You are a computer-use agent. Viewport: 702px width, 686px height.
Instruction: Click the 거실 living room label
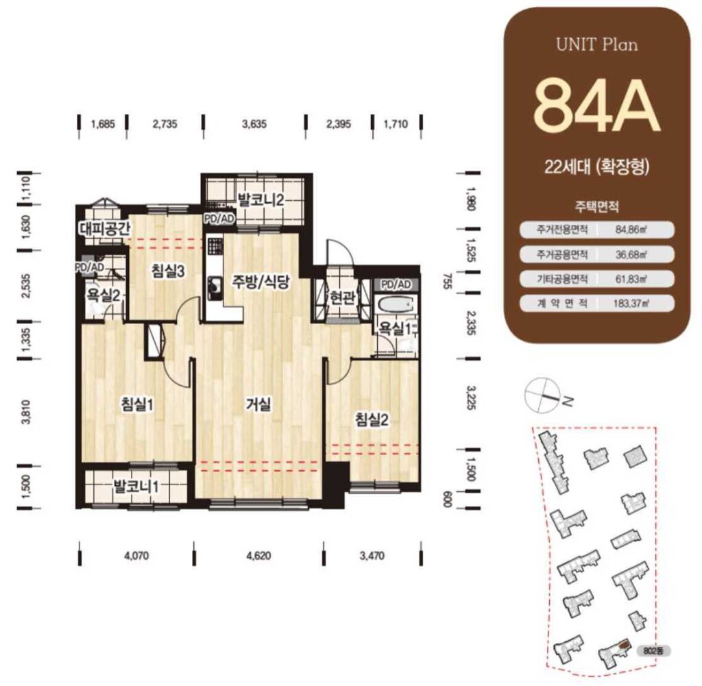pos(258,405)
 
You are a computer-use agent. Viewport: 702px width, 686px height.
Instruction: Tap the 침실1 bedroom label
pos(137,405)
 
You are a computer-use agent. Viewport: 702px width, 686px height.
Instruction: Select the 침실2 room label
pos(372,419)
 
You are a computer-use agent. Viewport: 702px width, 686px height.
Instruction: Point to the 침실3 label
pos(168,271)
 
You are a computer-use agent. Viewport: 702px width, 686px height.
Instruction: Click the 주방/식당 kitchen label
pos(261,282)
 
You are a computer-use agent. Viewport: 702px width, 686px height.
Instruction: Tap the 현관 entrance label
pos(343,297)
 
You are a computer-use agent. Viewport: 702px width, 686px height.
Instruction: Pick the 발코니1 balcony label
pos(135,485)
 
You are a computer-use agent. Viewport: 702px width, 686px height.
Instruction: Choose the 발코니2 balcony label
pos(261,199)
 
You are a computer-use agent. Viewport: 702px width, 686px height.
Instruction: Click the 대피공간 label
pos(105,229)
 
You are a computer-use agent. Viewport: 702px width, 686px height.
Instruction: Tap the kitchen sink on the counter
pos(215,284)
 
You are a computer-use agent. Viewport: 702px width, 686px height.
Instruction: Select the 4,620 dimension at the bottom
pos(258,556)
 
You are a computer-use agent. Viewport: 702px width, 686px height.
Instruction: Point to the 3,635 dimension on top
pos(254,124)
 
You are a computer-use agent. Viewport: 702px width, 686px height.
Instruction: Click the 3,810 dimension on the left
pos(26,412)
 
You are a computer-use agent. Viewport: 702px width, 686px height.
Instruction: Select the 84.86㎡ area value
pos(632,230)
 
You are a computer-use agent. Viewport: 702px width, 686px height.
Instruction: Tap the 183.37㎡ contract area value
pos(631,304)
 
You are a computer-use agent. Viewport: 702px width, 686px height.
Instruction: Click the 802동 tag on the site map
pos(653,651)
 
